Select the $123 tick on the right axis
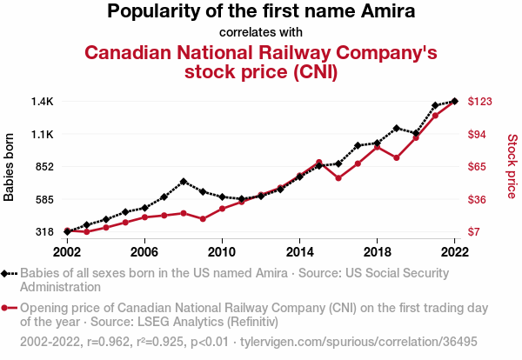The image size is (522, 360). pyautogui.click(x=480, y=102)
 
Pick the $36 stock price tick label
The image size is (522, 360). pyautogui.click(x=478, y=200)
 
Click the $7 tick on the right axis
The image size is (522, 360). pyautogui.click(x=474, y=232)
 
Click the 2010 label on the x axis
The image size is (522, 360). pyautogui.click(x=222, y=251)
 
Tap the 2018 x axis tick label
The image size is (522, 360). pyautogui.click(x=377, y=251)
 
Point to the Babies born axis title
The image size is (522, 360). pyautogui.click(x=10, y=167)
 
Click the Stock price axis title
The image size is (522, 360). pyautogui.click(x=512, y=165)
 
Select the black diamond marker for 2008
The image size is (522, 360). pyautogui.click(x=184, y=182)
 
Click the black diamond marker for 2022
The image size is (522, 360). pyautogui.click(x=454, y=102)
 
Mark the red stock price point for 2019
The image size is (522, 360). pyautogui.click(x=397, y=158)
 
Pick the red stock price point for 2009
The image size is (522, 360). pyautogui.click(x=203, y=219)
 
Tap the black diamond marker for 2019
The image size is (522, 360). pyautogui.click(x=397, y=129)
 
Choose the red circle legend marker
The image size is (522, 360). pyautogui.click(x=10, y=308)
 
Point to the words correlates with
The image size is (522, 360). pyautogui.click(x=261, y=33)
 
